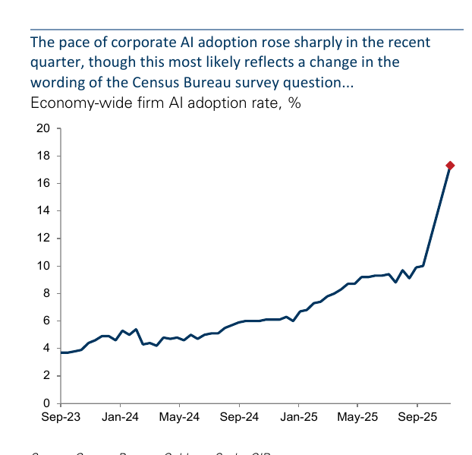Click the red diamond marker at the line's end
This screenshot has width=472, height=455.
450,165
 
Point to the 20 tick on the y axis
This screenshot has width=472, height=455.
43,128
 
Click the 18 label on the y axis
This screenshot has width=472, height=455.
43,156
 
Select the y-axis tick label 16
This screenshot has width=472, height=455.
43,183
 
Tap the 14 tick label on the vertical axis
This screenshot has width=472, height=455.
43,210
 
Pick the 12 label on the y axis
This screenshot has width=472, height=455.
43,238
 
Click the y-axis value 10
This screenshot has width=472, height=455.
43,266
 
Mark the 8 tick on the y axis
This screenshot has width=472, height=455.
46,293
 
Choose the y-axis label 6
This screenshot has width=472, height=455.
46,321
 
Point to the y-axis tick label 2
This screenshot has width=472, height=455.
46,375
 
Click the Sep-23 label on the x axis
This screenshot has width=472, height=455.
61,417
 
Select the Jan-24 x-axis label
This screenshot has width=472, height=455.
120,417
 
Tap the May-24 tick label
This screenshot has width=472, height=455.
179,417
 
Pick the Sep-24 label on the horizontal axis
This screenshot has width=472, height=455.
238,417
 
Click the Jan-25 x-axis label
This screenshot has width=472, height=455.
297,417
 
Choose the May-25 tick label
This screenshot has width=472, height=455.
357,417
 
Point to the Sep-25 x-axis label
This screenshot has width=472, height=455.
416,417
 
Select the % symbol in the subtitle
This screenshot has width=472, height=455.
294,103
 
